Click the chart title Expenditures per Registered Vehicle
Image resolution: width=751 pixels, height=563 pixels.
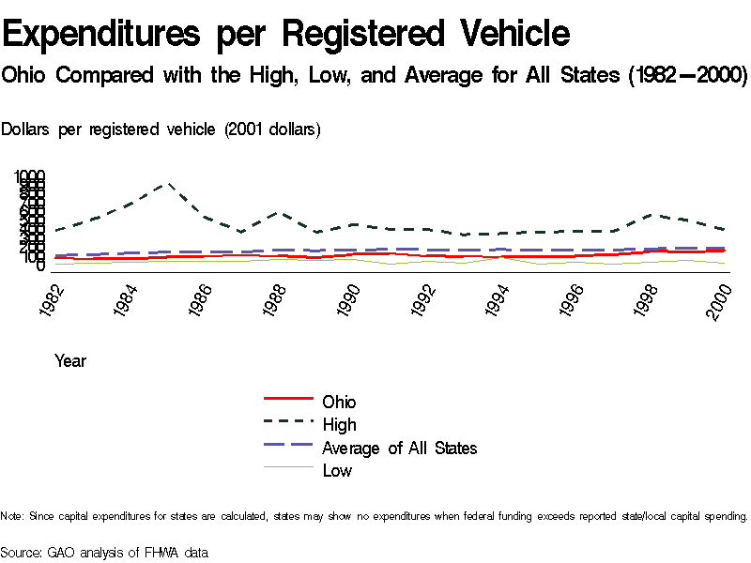[286, 34]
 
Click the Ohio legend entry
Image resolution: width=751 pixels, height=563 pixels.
[339, 403]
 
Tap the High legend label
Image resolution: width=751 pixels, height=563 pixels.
[339, 425]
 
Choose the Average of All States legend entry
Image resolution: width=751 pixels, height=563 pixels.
[399, 448]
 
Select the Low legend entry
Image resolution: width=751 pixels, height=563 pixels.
[337, 470]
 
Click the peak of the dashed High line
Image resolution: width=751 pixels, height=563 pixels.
[168, 184]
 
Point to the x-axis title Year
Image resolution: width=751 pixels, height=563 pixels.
[70, 360]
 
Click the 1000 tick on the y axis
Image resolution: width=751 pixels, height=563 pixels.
[28, 176]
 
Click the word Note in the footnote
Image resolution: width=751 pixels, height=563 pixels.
[11, 516]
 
